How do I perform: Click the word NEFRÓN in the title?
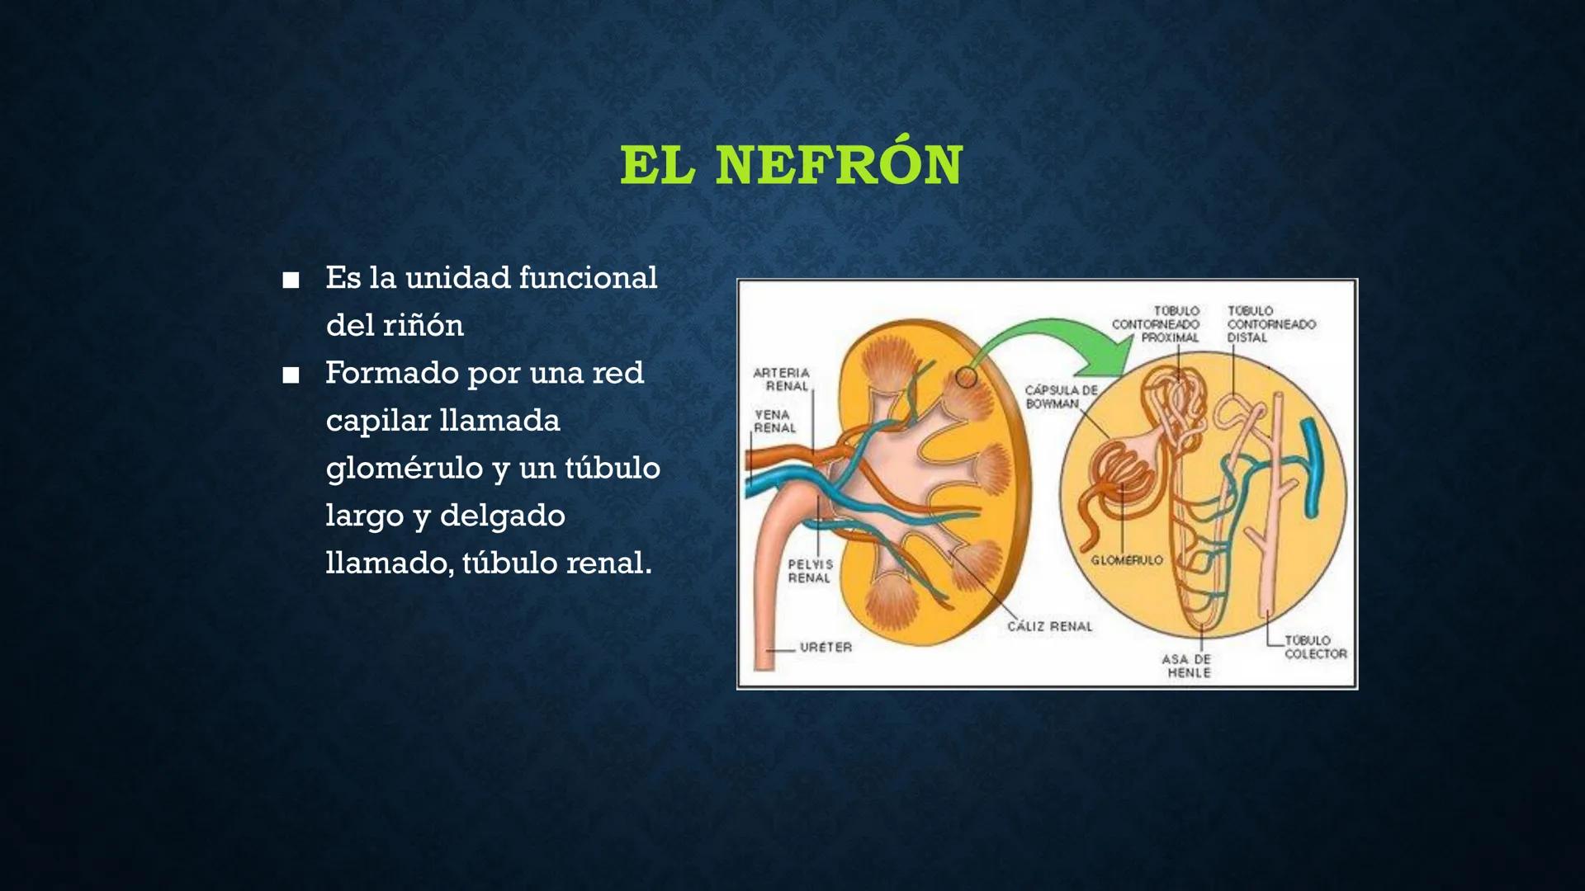[x=839, y=165]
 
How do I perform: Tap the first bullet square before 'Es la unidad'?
[x=290, y=280]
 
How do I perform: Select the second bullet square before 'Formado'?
[x=290, y=376]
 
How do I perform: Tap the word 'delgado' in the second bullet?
[x=502, y=516]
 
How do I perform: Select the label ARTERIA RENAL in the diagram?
[x=782, y=379]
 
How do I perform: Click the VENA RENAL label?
[x=774, y=421]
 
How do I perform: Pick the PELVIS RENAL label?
[x=810, y=571]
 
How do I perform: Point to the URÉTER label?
[x=825, y=648]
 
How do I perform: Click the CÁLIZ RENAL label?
[x=1049, y=627]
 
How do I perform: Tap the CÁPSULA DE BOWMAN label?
[x=1061, y=397]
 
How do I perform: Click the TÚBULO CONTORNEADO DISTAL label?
[x=1270, y=324]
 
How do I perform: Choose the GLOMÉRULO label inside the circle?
[x=1126, y=560]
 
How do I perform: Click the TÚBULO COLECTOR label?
[x=1314, y=647]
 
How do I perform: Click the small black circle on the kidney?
[x=966, y=378]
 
